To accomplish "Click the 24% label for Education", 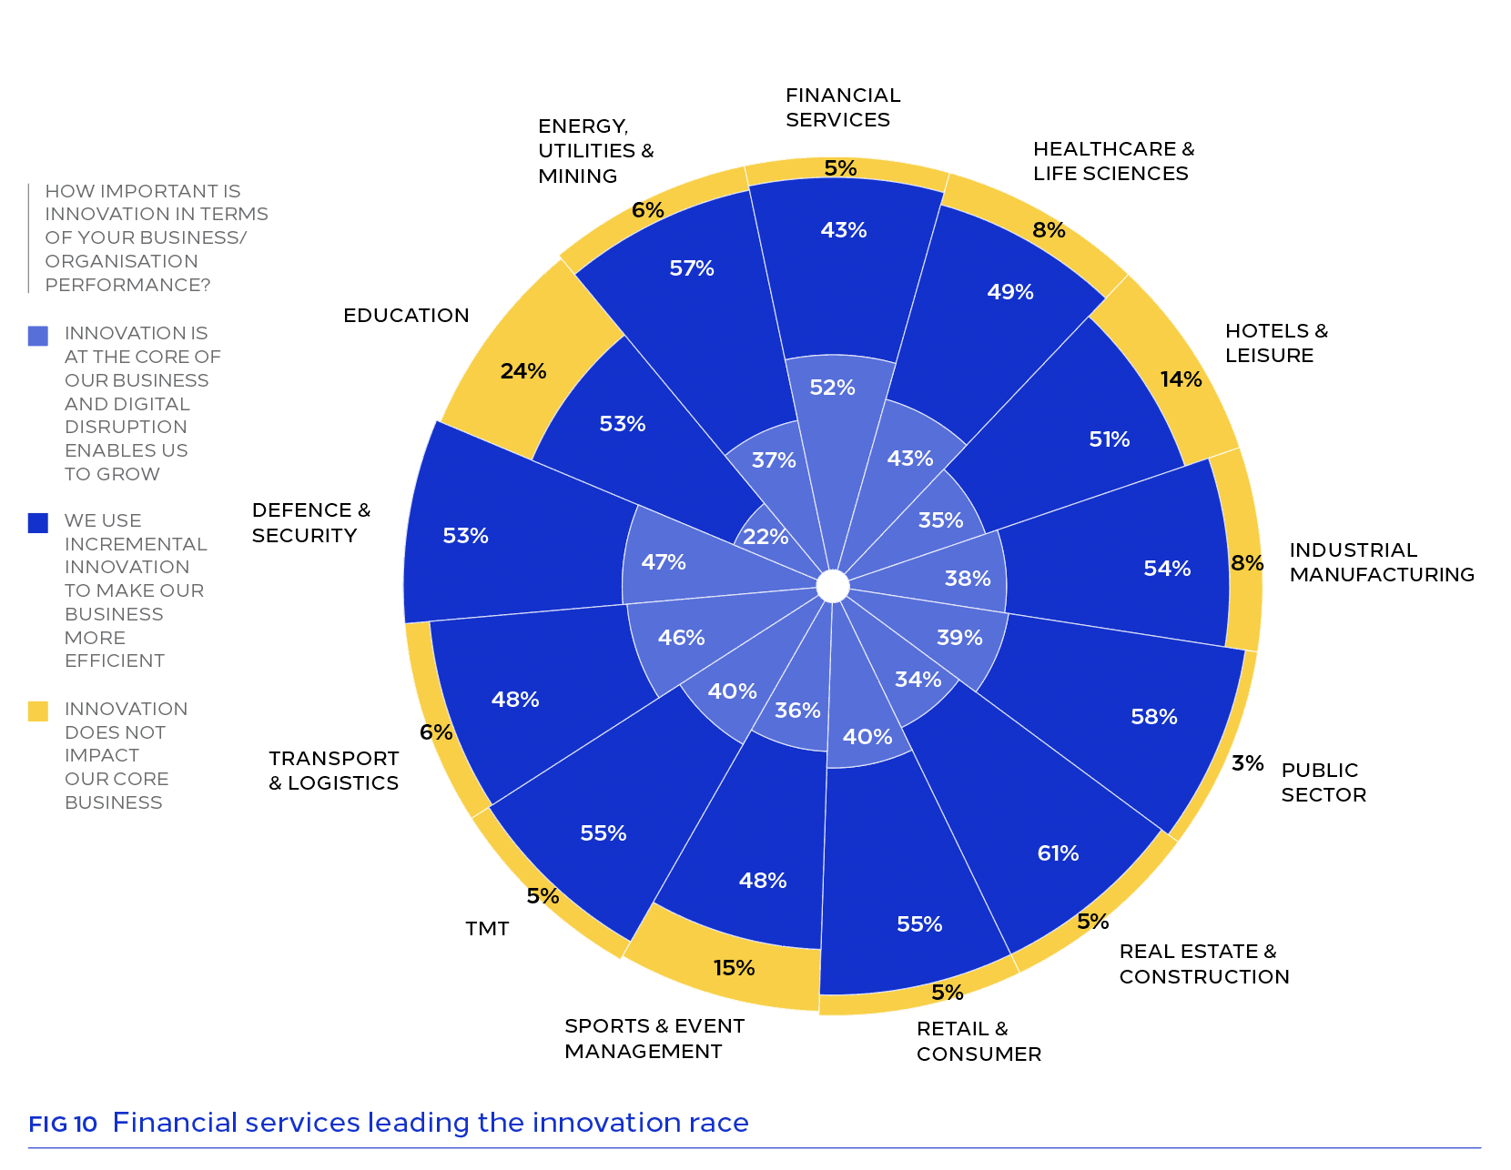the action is [522, 371].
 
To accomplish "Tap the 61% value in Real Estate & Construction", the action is [1058, 852].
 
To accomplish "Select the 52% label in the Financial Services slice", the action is [832, 387].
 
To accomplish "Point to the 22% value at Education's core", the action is [766, 537].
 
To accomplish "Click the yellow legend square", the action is [38, 711].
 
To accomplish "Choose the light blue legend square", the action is [38, 336].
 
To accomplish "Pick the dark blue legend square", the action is [38, 523].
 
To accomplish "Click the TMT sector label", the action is [487, 928].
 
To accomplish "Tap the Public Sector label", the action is [1323, 782].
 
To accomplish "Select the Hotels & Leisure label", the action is [1276, 342].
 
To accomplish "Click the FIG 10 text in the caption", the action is [63, 1125].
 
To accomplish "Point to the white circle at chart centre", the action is [832, 587].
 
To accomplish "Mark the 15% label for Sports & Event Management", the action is [734, 968].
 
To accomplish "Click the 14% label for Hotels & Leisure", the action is [1181, 379].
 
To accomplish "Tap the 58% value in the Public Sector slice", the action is [1153, 716].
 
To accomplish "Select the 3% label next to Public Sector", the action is [1247, 762].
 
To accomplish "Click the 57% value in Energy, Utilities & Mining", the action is [691, 268].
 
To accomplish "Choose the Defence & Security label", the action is [310, 522].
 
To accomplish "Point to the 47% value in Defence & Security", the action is [664, 561].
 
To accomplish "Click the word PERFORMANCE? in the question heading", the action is [127, 285].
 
